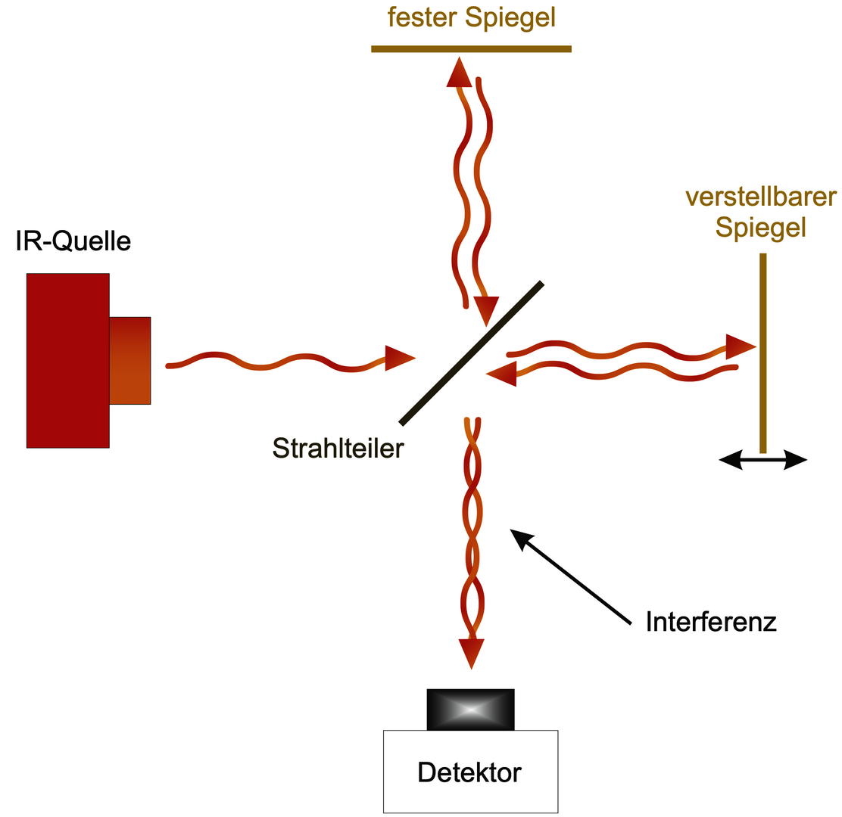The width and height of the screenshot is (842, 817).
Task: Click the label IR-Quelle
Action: pos(73,241)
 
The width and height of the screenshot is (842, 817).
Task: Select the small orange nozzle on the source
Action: pos(130,360)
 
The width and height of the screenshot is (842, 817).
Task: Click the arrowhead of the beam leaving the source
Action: pos(399,358)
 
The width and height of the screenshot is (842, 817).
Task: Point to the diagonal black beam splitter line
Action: pos(471,353)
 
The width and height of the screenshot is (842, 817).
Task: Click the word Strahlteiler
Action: pos(338,449)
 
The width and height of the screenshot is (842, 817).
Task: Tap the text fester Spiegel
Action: pos(471,17)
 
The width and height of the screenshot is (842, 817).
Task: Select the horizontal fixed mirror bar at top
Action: pos(471,49)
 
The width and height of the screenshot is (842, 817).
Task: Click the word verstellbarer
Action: pos(760,197)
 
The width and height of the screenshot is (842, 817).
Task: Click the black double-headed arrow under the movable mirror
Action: pos(762,459)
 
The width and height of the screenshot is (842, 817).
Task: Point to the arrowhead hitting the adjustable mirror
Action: pos(740,346)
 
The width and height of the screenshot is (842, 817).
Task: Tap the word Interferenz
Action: pos(711,623)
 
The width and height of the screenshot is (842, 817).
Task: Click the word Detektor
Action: pos(469,772)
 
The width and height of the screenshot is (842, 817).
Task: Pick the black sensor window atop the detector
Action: pos(470,709)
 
